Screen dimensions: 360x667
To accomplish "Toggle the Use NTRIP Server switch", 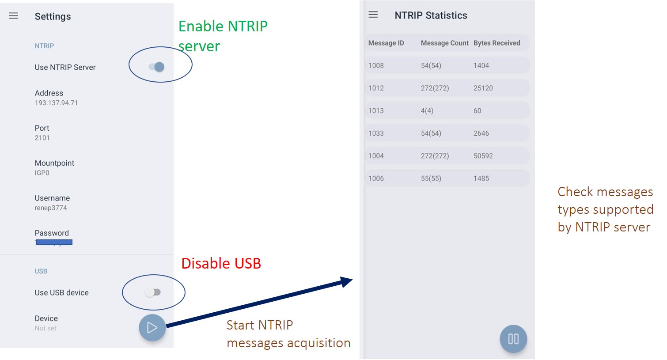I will (157, 67).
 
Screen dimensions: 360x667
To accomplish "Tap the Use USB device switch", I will (153, 292).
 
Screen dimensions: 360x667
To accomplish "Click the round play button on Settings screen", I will (152, 328).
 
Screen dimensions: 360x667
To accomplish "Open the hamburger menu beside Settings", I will (14, 16).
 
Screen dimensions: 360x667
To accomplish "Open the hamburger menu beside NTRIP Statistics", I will (373, 15).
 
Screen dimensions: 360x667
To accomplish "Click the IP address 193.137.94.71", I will (56, 103).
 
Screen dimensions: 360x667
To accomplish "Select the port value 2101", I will (42, 138).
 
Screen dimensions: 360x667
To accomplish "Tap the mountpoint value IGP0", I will (42, 173).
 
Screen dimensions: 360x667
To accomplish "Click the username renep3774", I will (51, 208).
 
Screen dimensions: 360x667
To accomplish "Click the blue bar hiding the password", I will (54, 242).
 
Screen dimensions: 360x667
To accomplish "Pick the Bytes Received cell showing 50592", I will (483, 156).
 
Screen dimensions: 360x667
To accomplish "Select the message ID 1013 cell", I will (376, 111).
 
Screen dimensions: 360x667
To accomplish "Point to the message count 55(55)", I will (431, 178).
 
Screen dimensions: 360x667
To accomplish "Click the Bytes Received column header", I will (496, 43).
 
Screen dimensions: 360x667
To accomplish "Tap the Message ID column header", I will (386, 43).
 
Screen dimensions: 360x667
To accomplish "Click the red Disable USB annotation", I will (221, 263).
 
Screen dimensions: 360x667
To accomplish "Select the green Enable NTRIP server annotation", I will (223, 36).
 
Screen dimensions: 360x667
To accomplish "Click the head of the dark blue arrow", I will (347, 281).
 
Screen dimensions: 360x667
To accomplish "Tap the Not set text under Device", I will (45, 328).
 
